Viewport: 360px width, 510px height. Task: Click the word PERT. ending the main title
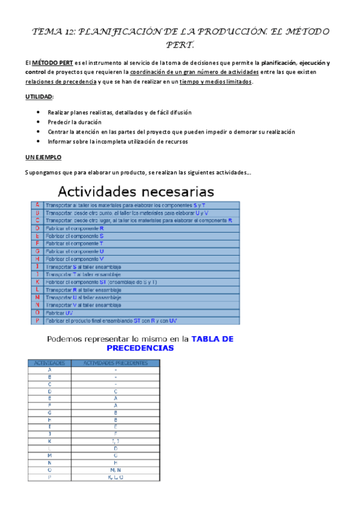tap(180, 44)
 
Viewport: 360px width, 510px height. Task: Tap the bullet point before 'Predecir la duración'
tap(38, 122)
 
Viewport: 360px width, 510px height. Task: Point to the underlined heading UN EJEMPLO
tap(43, 157)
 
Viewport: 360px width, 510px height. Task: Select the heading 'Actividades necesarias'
tap(135, 192)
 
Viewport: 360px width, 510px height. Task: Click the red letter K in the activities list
tap(37, 281)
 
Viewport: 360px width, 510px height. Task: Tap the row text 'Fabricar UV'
tap(58, 313)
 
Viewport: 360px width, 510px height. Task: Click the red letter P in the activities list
tap(37, 321)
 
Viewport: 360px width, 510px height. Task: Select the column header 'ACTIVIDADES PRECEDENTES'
tap(115, 363)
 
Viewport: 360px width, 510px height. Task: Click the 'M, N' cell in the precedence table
tap(115, 470)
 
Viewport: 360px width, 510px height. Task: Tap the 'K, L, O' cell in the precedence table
tap(115, 477)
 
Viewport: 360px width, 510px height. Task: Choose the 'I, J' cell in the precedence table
tap(115, 441)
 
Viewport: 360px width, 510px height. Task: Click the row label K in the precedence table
tap(49, 441)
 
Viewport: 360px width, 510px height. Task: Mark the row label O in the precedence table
tap(49, 470)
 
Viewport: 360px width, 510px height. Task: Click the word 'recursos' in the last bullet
tap(175, 142)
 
